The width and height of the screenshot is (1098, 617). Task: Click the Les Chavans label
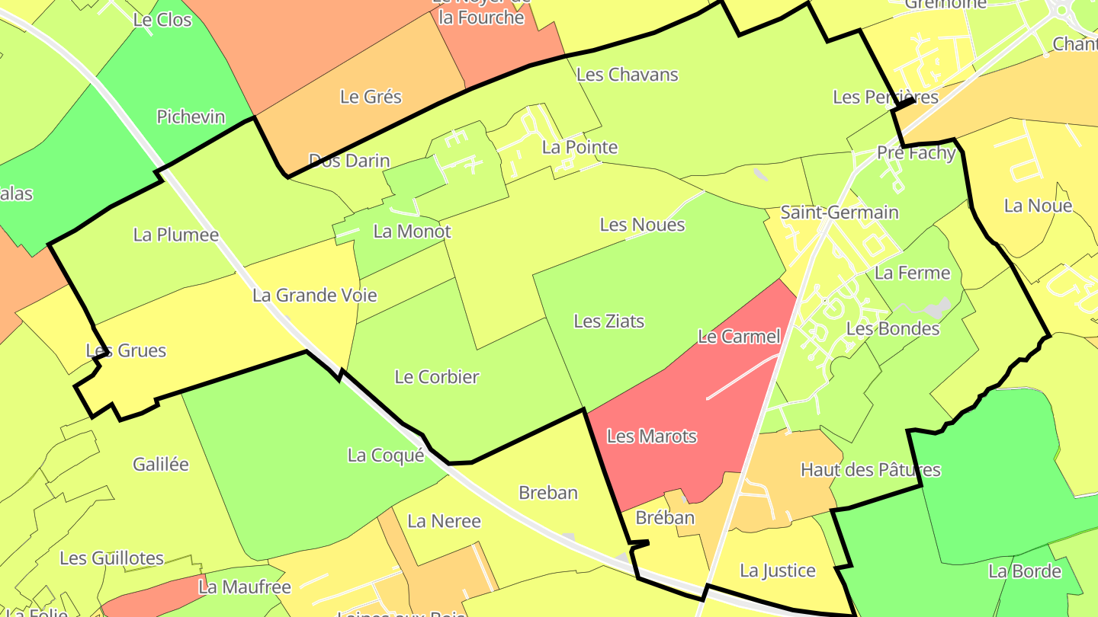click(x=627, y=75)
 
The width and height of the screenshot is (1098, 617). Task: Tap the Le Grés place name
click(x=371, y=97)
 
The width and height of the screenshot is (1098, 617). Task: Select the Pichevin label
click(x=191, y=117)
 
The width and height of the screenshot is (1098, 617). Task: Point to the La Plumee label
click(x=175, y=235)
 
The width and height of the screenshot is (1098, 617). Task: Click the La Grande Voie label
click(x=314, y=295)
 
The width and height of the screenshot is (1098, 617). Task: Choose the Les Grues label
click(x=126, y=350)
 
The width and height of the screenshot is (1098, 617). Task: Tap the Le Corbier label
click(x=436, y=376)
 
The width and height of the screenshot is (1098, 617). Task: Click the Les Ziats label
click(x=608, y=321)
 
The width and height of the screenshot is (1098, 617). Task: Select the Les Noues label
click(x=642, y=225)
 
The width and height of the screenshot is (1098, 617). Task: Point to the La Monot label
click(x=412, y=232)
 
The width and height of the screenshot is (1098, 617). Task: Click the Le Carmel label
click(x=739, y=337)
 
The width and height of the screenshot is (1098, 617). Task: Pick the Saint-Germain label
click(x=839, y=213)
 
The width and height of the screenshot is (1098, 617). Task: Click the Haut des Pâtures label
click(x=870, y=470)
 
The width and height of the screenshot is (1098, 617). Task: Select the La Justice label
click(x=777, y=571)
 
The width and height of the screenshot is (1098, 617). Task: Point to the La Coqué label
click(x=385, y=456)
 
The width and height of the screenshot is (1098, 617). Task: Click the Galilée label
click(x=160, y=464)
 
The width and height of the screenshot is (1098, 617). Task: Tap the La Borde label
click(x=1024, y=571)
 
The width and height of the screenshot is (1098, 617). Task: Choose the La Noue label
click(x=1038, y=206)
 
